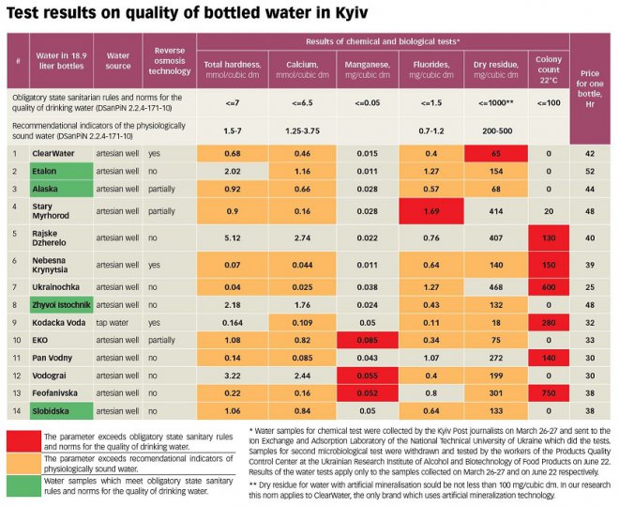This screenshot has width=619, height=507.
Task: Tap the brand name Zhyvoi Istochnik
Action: click(63, 305)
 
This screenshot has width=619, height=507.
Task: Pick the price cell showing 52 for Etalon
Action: click(589, 172)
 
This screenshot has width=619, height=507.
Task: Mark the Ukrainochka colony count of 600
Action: click(547, 286)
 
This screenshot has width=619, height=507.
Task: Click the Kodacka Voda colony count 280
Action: click(547, 322)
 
